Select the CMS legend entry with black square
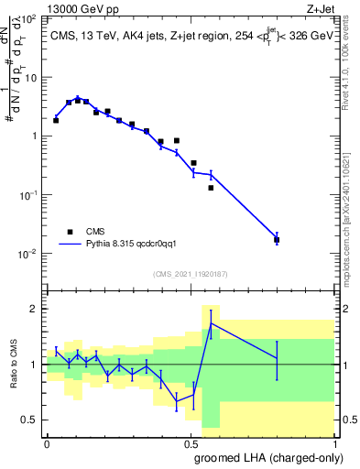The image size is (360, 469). pyautogui.click(x=82, y=232)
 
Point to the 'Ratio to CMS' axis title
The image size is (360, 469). pyautogui.click(x=13, y=365)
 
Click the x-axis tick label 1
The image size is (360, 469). pyautogui.click(x=333, y=442)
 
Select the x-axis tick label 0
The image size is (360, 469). pyautogui.click(x=47, y=442)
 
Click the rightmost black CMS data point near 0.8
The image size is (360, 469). pyautogui.click(x=277, y=240)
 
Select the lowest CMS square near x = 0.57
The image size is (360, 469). pyautogui.click(x=211, y=188)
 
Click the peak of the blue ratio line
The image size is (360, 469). pyautogui.click(x=211, y=323)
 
